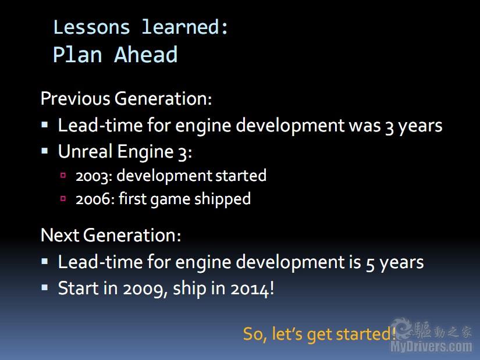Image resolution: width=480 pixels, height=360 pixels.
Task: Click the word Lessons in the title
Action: click(x=91, y=27)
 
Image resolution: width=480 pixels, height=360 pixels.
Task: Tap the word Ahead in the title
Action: click(x=145, y=55)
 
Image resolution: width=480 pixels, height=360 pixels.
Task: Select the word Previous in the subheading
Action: click(x=75, y=98)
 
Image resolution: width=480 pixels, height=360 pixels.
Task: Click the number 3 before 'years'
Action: click(x=389, y=127)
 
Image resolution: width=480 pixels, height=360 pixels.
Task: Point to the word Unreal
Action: click(x=85, y=151)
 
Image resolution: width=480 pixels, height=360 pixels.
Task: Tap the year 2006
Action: click(x=93, y=199)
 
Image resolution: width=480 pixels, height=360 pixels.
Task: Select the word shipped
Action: click(x=223, y=199)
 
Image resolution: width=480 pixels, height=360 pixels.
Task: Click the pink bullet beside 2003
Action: click(x=63, y=175)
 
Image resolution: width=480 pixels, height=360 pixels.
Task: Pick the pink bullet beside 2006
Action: click(x=63, y=198)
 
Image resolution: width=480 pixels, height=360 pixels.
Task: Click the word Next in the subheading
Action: click(x=60, y=235)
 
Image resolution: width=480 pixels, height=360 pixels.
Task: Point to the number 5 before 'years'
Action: click(x=370, y=263)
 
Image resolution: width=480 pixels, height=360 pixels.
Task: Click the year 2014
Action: click(x=250, y=289)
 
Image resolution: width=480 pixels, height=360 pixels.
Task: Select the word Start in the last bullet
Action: click(x=79, y=288)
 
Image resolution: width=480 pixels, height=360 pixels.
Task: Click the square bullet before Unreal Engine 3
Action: click(x=45, y=151)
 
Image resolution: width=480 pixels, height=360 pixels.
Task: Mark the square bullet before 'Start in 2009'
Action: click(x=45, y=287)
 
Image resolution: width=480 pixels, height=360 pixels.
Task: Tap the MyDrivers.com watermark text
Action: click(x=431, y=347)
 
